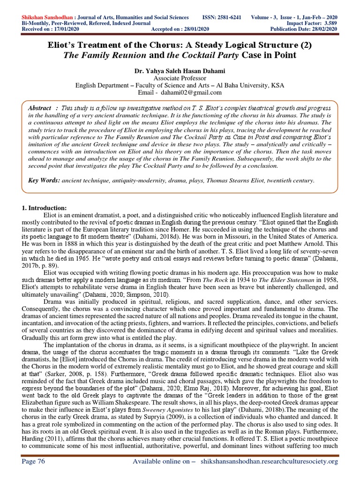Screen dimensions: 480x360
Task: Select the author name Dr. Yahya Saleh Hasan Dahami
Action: pos(180,71)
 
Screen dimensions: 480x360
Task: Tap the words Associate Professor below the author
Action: pos(180,78)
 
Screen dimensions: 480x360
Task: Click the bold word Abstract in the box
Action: pos(39,108)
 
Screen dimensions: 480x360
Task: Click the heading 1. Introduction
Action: pos(45,208)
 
